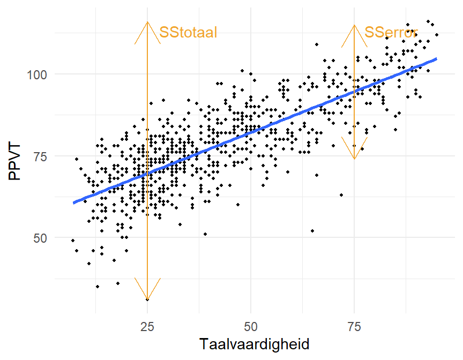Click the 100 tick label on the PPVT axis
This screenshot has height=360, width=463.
[x=37, y=75]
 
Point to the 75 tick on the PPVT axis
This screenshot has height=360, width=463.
[x=40, y=156]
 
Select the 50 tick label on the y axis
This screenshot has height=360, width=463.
[x=40, y=238]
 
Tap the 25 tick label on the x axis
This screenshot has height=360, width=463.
[x=147, y=327]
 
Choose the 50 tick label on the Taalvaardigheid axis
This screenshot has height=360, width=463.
[x=251, y=327]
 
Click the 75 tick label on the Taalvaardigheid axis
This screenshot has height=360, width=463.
[x=354, y=327]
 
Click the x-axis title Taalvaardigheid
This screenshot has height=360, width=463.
[x=254, y=344]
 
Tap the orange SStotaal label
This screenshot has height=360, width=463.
[x=188, y=33]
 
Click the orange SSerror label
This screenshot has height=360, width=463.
[x=391, y=33]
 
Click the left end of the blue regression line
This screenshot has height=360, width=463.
[x=73, y=202]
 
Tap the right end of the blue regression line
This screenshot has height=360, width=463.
[x=436, y=59]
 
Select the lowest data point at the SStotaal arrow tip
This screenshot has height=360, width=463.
[x=147, y=299]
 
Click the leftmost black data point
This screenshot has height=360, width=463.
[x=73, y=241]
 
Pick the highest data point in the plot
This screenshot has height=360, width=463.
[x=428, y=21]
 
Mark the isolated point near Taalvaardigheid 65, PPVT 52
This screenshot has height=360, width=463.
[x=312, y=231]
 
